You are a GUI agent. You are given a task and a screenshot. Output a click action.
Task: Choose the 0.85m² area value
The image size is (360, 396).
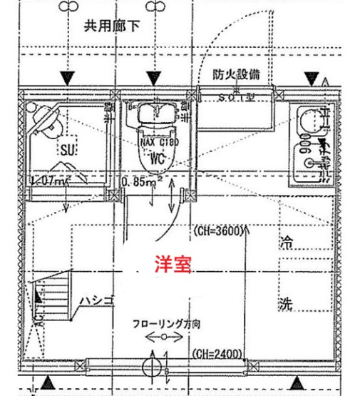coord(143,182)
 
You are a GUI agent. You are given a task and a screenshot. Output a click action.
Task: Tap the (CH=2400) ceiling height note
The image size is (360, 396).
coord(217,352)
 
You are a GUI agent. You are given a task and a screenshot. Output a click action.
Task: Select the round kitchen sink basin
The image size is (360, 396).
coord(309,121)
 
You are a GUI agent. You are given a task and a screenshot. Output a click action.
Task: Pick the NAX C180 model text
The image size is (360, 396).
coord(158,142)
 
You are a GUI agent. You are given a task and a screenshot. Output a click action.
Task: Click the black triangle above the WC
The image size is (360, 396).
coord(155,76)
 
